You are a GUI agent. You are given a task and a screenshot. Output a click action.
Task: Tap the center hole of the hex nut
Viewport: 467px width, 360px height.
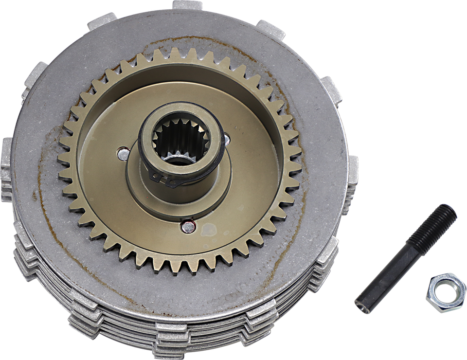[445, 293]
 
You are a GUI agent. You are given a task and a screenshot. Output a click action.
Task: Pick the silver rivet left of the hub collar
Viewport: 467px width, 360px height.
[123, 154]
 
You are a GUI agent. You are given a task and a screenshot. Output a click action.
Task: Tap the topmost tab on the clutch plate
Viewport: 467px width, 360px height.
[187, 5]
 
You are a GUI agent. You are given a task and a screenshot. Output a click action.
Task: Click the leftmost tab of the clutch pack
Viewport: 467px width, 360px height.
[6, 151]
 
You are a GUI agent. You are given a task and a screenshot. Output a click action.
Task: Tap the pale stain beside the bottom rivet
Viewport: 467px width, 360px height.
[209, 229]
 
